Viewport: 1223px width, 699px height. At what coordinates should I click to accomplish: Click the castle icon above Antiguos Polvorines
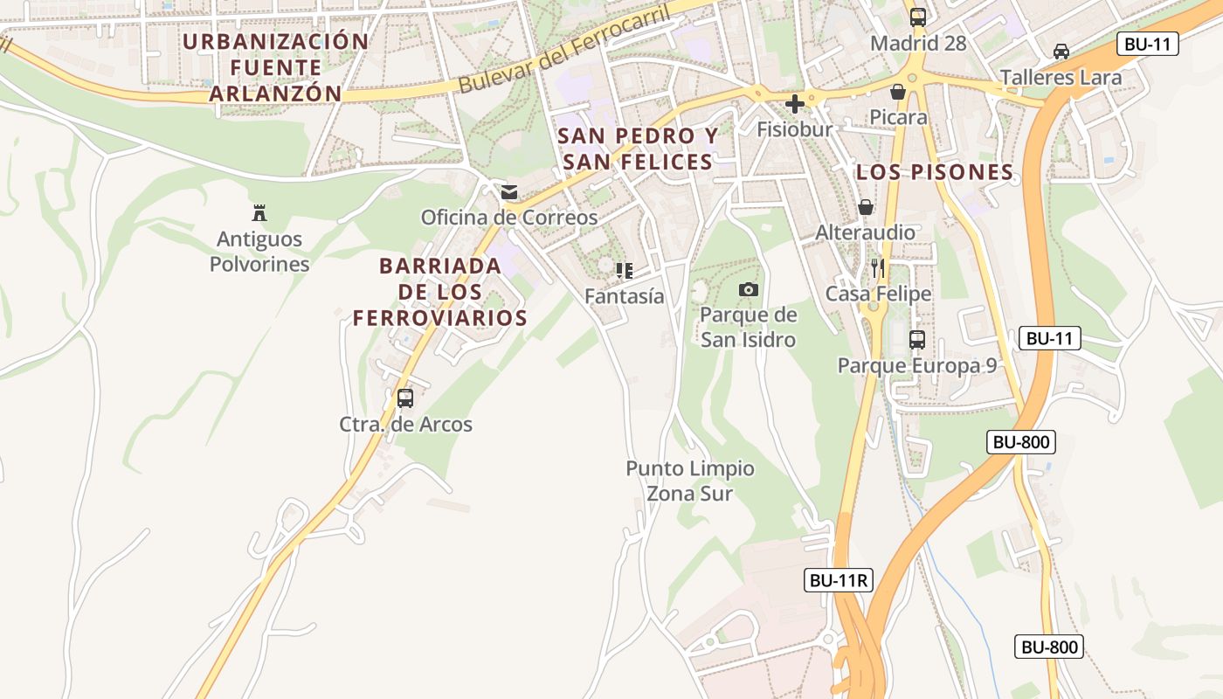(259, 211)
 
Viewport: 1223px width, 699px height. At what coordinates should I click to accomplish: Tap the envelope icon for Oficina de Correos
(509, 191)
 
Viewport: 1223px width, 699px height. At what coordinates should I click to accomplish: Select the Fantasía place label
(624, 296)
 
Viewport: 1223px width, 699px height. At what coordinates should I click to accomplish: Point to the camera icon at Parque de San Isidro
(749, 289)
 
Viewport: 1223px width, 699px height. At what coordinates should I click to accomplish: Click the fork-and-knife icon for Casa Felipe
(878, 267)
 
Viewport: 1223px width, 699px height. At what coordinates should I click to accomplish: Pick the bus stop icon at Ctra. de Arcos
(404, 398)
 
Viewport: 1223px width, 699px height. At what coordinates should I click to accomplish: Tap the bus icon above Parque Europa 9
(917, 339)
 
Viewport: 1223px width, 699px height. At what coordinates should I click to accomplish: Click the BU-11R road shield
(839, 579)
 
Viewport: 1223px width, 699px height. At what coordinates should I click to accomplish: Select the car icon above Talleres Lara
(1061, 51)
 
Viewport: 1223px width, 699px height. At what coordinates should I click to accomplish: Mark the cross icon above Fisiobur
(795, 104)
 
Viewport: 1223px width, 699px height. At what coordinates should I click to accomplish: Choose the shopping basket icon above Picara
(898, 91)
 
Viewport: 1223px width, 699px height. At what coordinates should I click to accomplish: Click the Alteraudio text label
(865, 232)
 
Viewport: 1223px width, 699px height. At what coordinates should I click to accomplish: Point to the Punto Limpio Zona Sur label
(690, 481)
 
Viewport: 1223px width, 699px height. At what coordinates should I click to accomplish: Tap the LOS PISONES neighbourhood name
(935, 172)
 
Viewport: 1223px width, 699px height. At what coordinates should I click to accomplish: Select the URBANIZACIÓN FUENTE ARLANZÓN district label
(275, 67)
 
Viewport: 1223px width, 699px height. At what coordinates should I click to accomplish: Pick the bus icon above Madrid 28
(918, 16)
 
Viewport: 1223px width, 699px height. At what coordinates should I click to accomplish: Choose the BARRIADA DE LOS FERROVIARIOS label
(440, 292)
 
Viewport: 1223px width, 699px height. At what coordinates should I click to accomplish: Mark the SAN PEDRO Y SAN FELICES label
(638, 149)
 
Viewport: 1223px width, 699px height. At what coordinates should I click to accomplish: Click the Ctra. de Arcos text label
(405, 425)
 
